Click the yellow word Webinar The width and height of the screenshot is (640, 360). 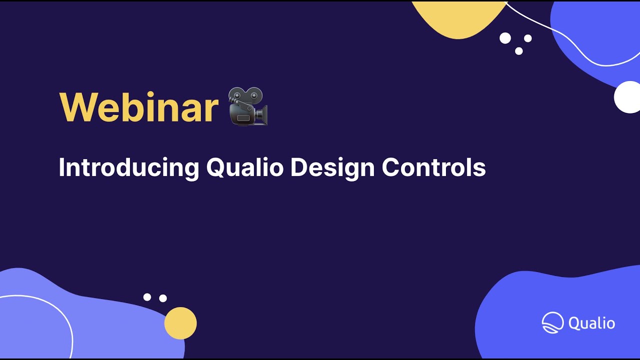coord(139,107)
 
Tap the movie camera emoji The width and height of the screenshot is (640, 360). coord(248,106)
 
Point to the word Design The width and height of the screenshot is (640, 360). coord(332,167)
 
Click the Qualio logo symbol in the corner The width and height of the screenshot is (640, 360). coord(552,322)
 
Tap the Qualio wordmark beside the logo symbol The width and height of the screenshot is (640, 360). coord(592,323)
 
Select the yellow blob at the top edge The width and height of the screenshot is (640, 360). coord(457,17)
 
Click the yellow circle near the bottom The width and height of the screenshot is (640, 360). coord(180,323)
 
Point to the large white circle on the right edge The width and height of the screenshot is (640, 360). coord(627,97)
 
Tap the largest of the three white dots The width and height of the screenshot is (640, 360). coord(505,38)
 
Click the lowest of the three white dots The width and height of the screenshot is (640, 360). coord(519,51)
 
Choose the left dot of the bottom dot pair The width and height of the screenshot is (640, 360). coord(147,297)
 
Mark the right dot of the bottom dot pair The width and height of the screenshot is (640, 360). coord(163,298)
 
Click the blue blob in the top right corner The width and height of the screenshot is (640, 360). coord(595,35)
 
